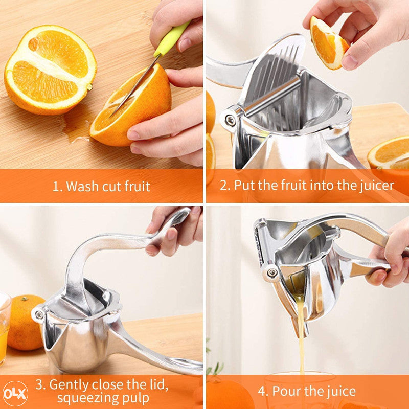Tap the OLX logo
(x=15, y=394)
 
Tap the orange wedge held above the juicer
(x=328, y=43)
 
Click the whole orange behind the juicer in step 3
(x=25, y=322)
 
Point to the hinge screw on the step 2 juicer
(x=231, y=120)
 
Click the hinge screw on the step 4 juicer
(x=272, y=272)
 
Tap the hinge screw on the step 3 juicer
(x=40, y=315)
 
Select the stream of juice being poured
(x=301, y=336)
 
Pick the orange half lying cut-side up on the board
(x=50, y=70)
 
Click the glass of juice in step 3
(x=5, y=329)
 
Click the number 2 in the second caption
(x=223, y=185)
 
